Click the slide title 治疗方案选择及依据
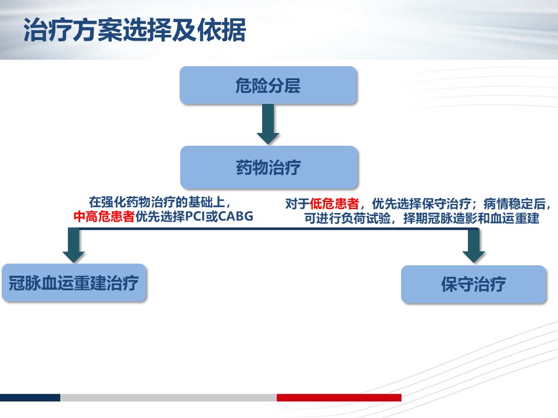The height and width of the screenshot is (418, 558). [134, 30]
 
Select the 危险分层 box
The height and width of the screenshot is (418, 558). [268, 85]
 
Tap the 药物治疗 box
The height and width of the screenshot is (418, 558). [269, 167]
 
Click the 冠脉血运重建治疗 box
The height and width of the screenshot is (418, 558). [74, 283]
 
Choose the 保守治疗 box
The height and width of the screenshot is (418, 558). [473, 284]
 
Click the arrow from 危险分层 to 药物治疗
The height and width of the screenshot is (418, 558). [268, 124]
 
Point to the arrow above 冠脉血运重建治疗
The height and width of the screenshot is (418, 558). [74, 245]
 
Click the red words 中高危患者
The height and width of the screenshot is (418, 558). [104, 216]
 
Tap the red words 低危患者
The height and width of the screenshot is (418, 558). [334, 204]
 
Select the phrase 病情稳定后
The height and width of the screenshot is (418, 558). [514, 204]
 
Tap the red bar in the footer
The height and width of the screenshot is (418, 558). [339, 397]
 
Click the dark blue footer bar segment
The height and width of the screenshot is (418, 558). [30, 397]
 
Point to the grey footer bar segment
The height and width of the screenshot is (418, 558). [169, 397]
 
